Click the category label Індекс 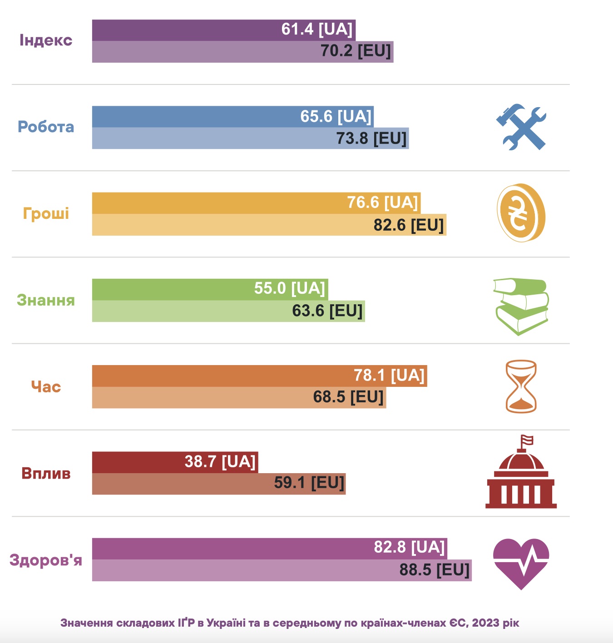pyautogui.click(x=46, y=40)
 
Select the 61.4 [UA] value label pyautogui.click(x=317, y=30)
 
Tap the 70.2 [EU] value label pyautogui.click(x=356, y=51)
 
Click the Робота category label pyautogui.click(x=46, y=127)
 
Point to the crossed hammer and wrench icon pyautogui.click(x=521, y=127)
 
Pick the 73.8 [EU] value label pyautogui.click(x=371, y=138)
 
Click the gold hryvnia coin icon pyautogui.click(x=521, y=213)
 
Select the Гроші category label pyautogui.click(x=46, y=213)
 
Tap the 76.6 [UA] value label pyautogui.click(x=382, y=203)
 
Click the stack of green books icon pyautogui.click(x=521, y=306)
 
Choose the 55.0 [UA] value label pyautogui.click(x=290, y=288)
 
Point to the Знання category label pyautogui.click(x=46, y=300)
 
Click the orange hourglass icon pyautogui.click(x=521, y=386)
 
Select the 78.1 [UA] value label pyautogui.click(x=389, y=376)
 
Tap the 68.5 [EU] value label pyautogui.click(x=348, y=397)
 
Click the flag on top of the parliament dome pyautogui.click(x=527, y=440)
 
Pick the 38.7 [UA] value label pyautogui.click(x=220, y=462)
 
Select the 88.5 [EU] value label pyautogui.click(x=435, y=570)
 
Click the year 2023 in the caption pyautogui.click(x=485, y=623)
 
